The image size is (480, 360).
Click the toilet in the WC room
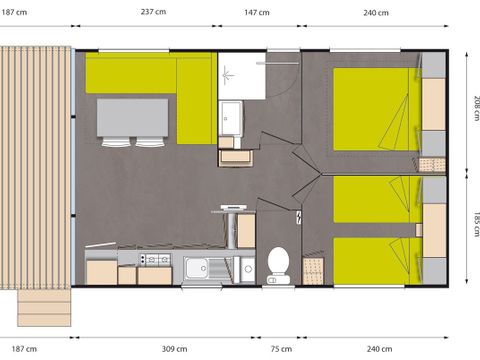278,266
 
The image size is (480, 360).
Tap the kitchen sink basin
196,268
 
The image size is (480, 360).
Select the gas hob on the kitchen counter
155,259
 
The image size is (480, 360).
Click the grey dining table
132,118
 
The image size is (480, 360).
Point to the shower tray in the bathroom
242,76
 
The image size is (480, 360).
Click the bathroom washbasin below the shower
230,118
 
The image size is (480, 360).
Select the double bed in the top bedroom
376,109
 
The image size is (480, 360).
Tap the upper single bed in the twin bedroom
376,199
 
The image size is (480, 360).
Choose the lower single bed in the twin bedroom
376,261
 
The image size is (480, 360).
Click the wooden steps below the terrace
44,308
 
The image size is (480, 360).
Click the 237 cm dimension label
153,12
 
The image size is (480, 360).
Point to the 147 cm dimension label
257,13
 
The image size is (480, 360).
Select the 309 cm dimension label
174,349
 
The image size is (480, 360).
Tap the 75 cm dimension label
281,349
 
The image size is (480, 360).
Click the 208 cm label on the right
476,108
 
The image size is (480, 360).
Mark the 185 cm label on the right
476,224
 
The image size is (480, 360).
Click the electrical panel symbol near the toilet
299,217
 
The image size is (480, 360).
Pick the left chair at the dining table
116,142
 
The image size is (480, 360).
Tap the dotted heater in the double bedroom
432,165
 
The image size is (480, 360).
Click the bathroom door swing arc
286,88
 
